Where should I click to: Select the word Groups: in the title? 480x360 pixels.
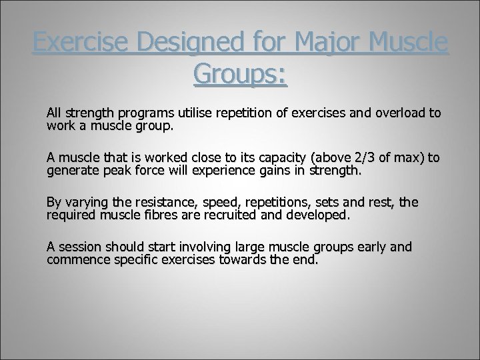[x=240, y=75]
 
